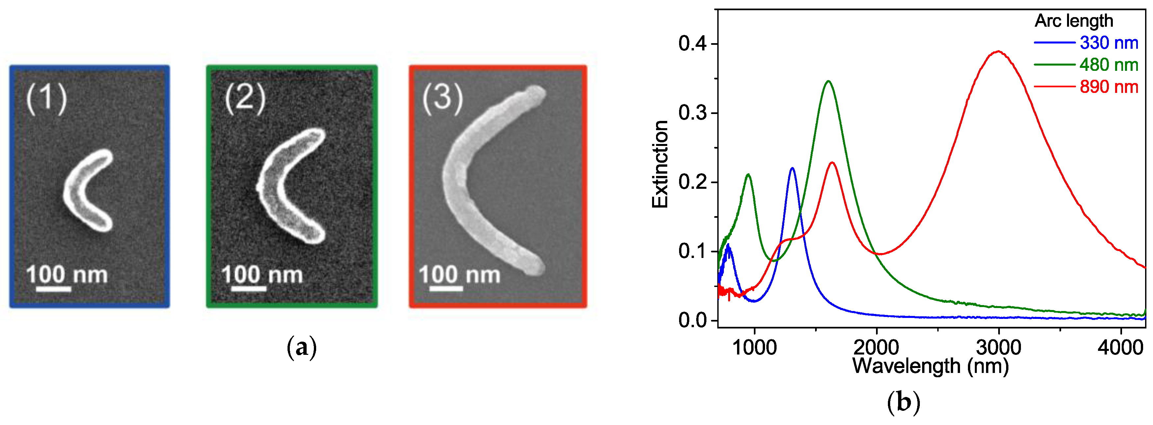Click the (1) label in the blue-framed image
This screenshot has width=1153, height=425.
click(x=46, y=99)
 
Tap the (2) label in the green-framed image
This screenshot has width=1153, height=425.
click(x=245, y=99)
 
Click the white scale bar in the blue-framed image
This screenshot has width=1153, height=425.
click(x=53, y=289)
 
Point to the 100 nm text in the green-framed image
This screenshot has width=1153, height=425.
click(x=262, y=274)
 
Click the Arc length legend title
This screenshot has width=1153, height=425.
click(x=1074, y=21)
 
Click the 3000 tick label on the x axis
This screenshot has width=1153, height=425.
click(x=998, y=348)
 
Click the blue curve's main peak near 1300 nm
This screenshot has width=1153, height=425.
click(x=792, y=169)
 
